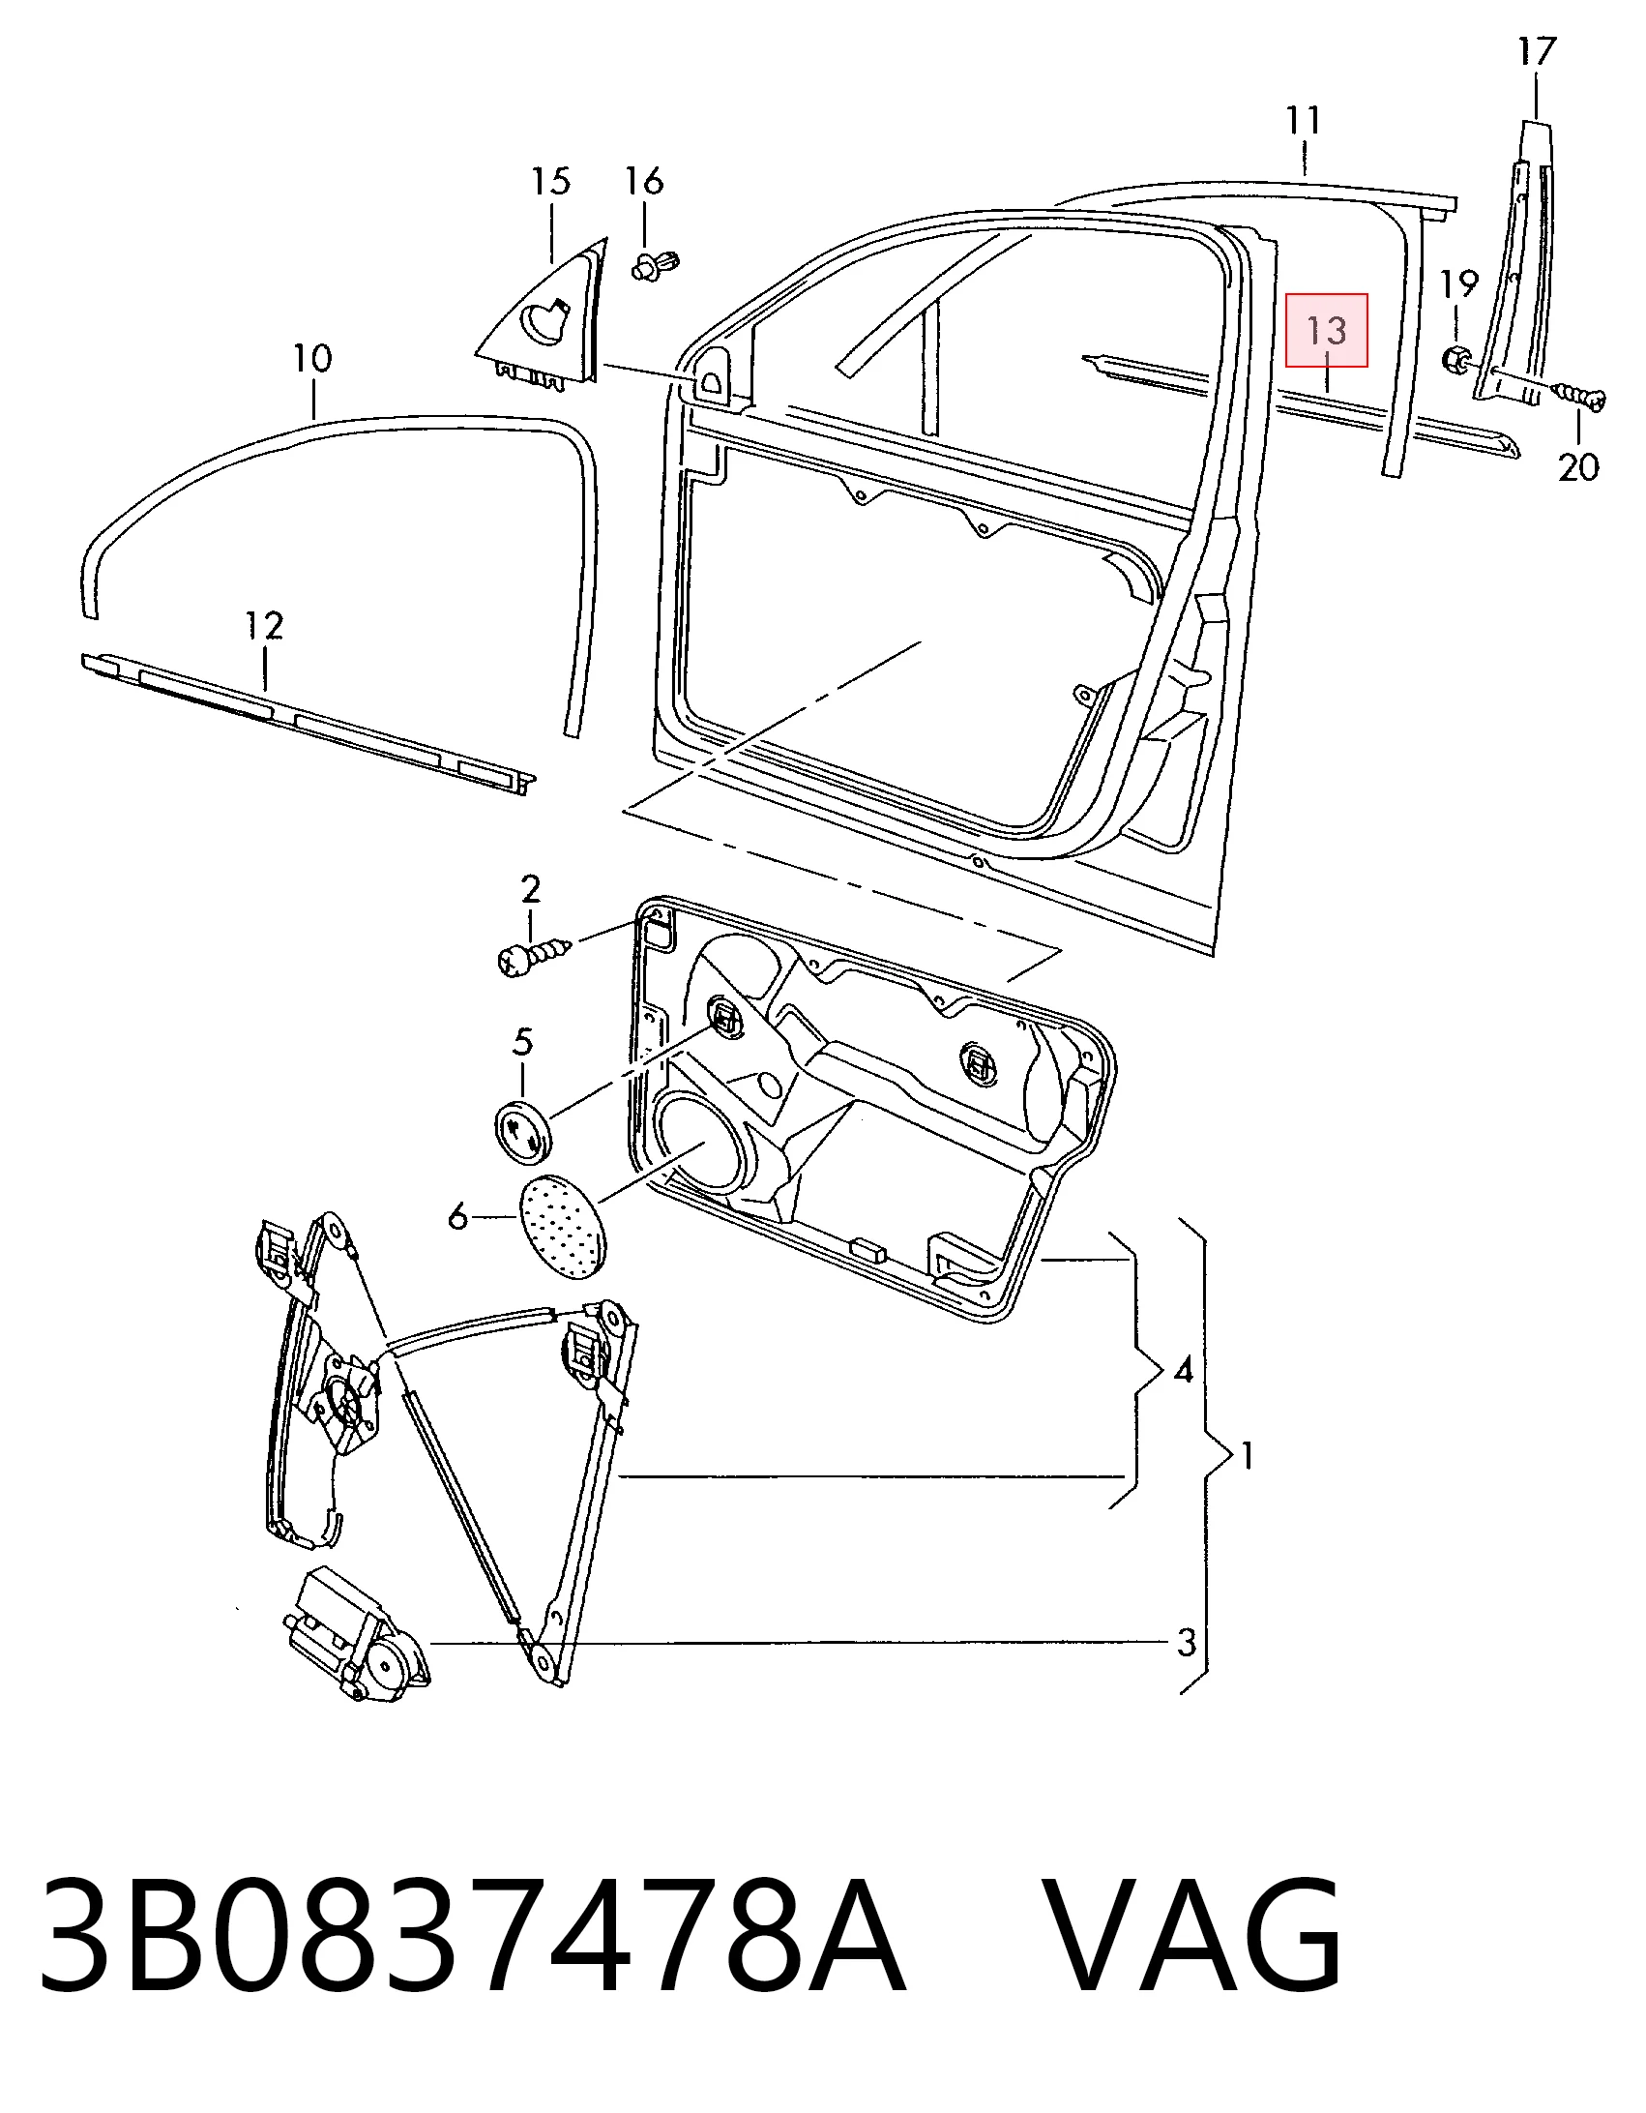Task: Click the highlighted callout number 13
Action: click(x=1327, y=331)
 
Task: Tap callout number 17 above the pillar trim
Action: click(x=1536, y=51)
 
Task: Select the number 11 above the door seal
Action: click(x=1304, y=121)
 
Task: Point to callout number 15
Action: click(x=550, y=181)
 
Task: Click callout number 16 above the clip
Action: click(x=644, y=180)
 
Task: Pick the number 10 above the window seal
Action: click(x=312, y=359)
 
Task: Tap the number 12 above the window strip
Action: click(x=264, y=626)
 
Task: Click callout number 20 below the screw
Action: click(x=1578, y=468)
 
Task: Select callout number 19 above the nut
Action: click(x=1458, y=285)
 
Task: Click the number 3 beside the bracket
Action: click(x=1187, y=1642)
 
